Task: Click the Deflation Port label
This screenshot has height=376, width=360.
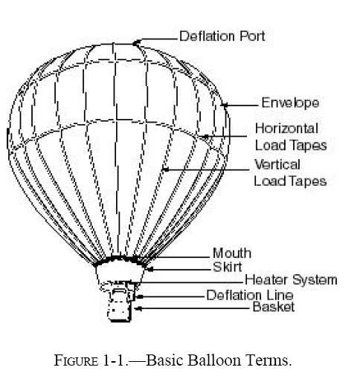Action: pyautogui.click(x=222, y=36)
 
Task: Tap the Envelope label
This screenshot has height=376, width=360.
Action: pyautogui.click(x=290, y=103)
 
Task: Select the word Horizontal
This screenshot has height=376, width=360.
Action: pyautogui.click(x=286, y=129)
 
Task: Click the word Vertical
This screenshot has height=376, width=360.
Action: pyautogui.click(x=277, y=164)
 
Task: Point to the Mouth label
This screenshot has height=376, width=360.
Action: pyautogui.click(x=232, y=253)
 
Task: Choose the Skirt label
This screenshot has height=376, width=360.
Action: pyautogui.click(x=228, y=267)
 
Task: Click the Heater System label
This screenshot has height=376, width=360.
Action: pyautogui.click(x=291, y=280)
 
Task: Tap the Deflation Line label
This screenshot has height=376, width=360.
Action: pyautogui.click(x=250, y=295)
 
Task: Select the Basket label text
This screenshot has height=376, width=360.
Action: pyautogui.click(x=274, y=307)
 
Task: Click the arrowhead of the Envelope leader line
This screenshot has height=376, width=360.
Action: pyautogui.click(x=225, y=106)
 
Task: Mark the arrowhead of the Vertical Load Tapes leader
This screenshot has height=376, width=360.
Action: pyautogui.click(x=165, y=169)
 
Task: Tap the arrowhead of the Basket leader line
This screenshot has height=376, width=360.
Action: pyautogui.click(x=138, y=308)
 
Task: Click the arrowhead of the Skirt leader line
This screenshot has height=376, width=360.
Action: pyautogui.click(x=150, y=269)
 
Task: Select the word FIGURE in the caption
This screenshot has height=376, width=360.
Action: pyautogui.click(x=76, y=360)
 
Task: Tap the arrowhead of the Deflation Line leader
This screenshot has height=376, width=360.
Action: pyautogui.click(x=140, y=296)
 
